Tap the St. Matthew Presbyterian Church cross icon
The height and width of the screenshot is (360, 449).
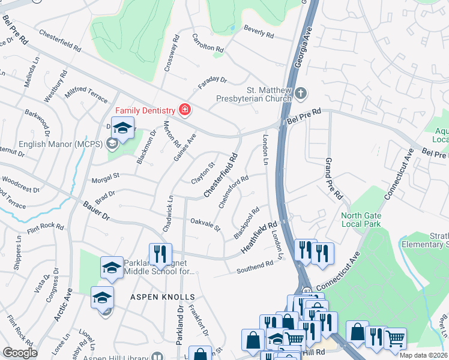click(301, 93)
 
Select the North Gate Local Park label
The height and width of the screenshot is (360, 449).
click(361, 220)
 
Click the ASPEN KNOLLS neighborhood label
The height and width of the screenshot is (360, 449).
click(163, 297)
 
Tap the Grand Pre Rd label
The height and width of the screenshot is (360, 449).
click(333, 178)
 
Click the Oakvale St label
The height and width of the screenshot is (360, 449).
click(205, 225)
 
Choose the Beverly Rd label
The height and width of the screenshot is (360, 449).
click(259, 32)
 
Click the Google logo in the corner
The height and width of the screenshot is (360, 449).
click(20, 353)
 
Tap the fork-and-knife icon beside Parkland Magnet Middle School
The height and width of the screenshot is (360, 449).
click(160, 254)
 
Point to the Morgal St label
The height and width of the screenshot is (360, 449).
click(106, 178)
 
